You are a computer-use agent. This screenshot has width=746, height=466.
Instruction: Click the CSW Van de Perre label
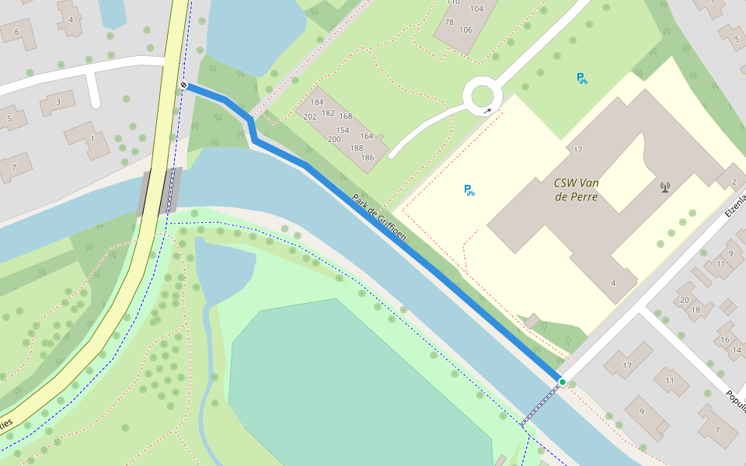point(576,190)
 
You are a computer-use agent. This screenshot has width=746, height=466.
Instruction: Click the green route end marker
point(562,382)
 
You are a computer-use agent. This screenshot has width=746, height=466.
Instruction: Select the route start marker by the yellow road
point(183,85)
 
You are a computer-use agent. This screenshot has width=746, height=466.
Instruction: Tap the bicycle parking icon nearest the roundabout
point(582,78)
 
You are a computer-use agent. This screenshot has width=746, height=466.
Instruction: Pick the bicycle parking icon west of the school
point(469,190)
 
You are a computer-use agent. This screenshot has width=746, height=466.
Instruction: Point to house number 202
point(310,116)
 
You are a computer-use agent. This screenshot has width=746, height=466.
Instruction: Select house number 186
point(368,158)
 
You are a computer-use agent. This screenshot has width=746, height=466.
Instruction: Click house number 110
point(454,2)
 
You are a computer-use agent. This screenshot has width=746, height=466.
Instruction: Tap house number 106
point(465,30)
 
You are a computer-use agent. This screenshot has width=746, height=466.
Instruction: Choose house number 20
point(684,300)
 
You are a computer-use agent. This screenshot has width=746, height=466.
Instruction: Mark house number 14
point(737,350)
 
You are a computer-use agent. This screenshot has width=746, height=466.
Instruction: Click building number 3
point(58,102)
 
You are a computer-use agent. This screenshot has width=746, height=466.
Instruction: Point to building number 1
point(92,138)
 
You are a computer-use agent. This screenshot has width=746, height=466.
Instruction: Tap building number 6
point(16,33)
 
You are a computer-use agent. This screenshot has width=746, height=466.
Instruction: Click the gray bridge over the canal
point(160,192)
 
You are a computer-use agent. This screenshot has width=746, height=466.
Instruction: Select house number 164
point(366,137)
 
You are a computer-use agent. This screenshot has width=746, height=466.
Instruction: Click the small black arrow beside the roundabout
point(487,111)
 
